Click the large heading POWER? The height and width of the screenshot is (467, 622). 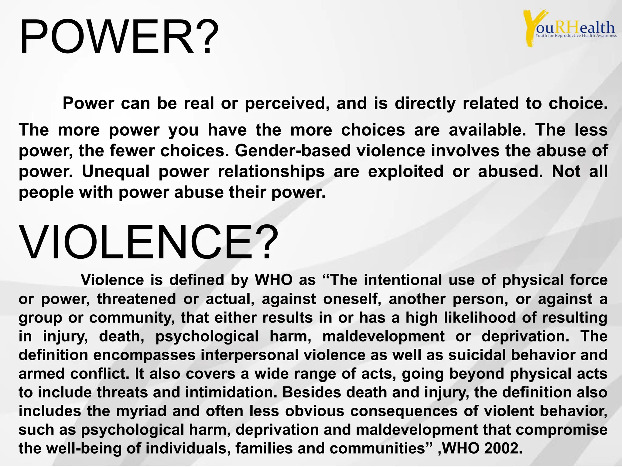click(118, 37)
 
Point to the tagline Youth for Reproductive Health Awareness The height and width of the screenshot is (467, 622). click(576, 36)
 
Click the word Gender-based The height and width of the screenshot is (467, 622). click(293, 151)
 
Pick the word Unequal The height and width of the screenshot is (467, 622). click(116, 171)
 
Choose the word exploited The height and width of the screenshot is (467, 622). click(406, 171)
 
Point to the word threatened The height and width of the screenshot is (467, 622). click(136, 299)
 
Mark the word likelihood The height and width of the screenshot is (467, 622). click(480, 318)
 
